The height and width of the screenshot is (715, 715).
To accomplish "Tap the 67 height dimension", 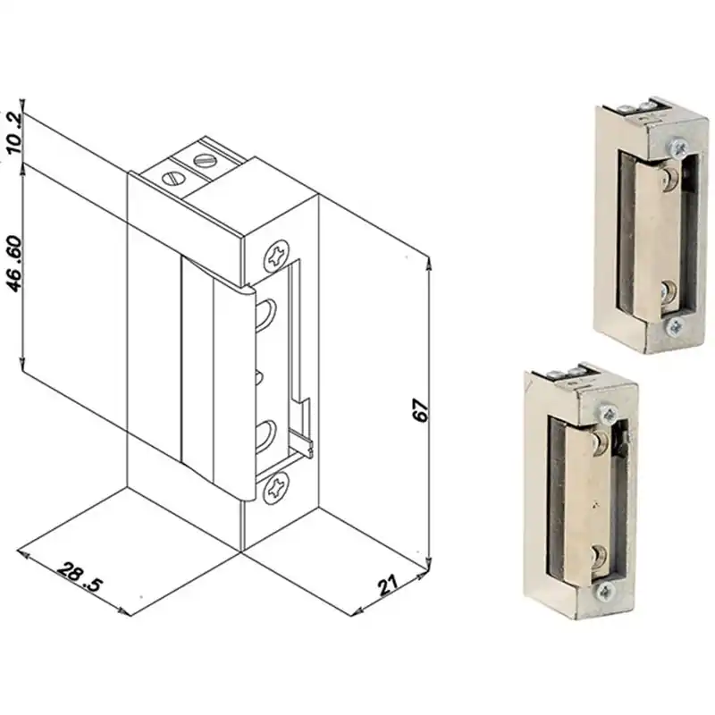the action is coord(421,410).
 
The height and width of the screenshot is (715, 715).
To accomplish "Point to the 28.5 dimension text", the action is coord(80,577).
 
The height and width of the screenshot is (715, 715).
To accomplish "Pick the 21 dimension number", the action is coord(388,585).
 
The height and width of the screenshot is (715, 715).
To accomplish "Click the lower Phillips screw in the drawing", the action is coord(276,488).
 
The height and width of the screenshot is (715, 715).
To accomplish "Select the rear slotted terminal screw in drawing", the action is coord(205,160).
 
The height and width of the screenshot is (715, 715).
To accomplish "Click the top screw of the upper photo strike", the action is coord(678,147).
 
